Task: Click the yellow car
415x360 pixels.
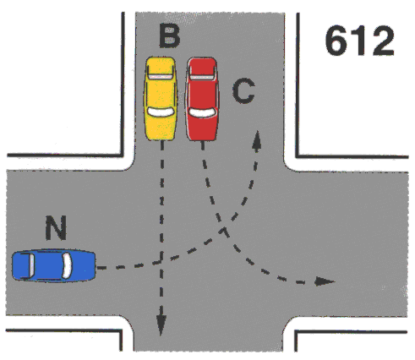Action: click(x=161, y=98)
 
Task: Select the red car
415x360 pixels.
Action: click(x=202, y=98)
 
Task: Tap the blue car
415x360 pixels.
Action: click(x=53, y=265)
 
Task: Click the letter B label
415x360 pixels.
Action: click(x=169, y=36)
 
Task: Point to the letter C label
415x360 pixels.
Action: click(x=243, y=90)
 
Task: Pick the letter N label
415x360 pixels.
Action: click(x=56, y=227)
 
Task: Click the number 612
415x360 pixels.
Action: click(x=359, y=41)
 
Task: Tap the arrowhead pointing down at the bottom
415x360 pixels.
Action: click(x=161, y=325)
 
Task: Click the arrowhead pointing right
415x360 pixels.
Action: click(x=325, y=281)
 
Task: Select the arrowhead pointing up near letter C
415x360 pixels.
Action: click(x=257, y=141)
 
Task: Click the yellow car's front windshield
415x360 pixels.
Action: click(x=161, y=112)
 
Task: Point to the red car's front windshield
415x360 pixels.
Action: click(x=202, y=112)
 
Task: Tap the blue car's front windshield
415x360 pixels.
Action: click(x=67, y=265)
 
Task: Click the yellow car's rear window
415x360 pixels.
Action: click(x=160, y=76)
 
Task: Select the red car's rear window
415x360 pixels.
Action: click(x=202, y=76)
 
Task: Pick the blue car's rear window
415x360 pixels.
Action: click(x=31, y=265)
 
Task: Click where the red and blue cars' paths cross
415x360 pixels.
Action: click(x=224, y=229)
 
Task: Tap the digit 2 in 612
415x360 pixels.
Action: click(x=383, y=41)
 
